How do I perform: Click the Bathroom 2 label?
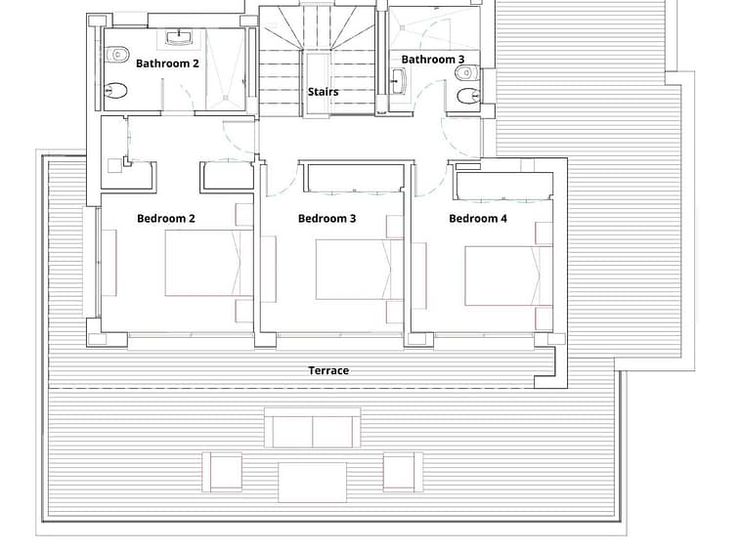[x=167, y=64]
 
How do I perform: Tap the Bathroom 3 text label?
[x=433, y=60]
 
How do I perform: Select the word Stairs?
[x=324, y=92]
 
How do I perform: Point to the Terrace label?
[x=328, y=370]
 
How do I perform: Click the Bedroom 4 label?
[x=478, y=219]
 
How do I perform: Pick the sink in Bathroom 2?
[x=179, y=37]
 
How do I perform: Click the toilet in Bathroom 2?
[x=116, y=55]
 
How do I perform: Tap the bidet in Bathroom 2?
[x=115, y=90]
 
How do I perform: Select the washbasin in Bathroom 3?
[x=398, y=81]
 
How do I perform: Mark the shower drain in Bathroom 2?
[x=226, y=98]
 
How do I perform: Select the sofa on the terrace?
[x=313, y=427]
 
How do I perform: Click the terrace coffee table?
[x=313, y=483]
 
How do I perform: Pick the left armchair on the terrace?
[x=222, y=472]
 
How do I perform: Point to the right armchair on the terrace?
[x=403, y=472]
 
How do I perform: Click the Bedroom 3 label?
[x=327, y=219]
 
